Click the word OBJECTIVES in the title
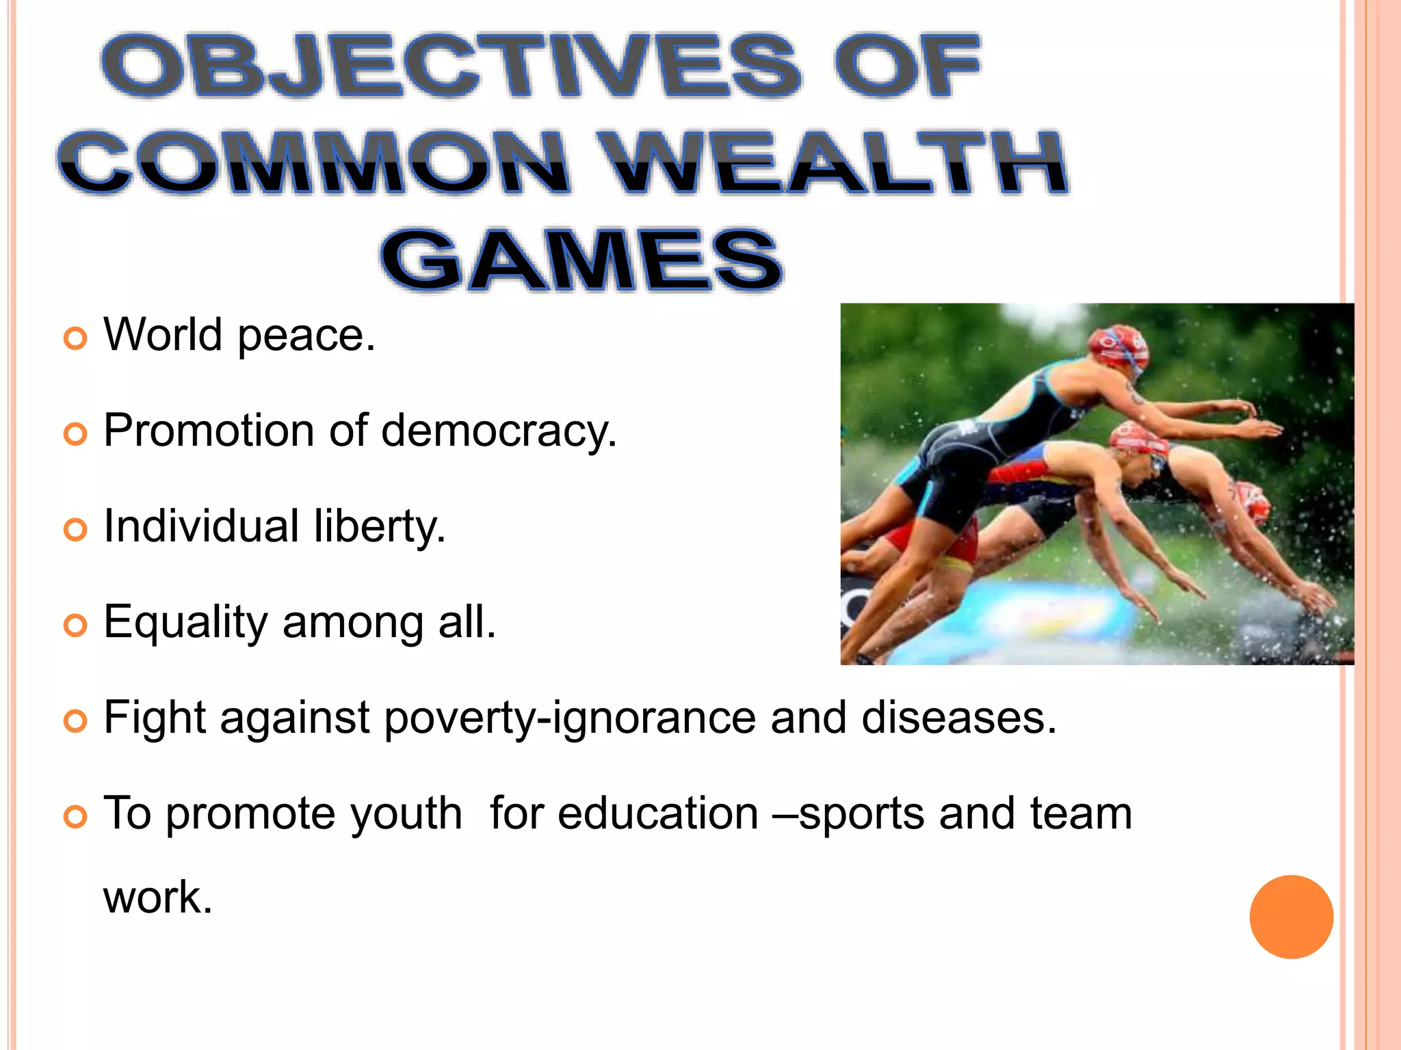tap(451, 66)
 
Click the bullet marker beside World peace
tap(75, 338)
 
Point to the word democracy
tap(499, 432)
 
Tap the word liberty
tap(380, 528)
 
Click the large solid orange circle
tap(1291, 917)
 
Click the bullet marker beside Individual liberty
tap(75, 529)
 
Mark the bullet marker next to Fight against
tap(75, 721)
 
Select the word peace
tap(306, 336)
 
